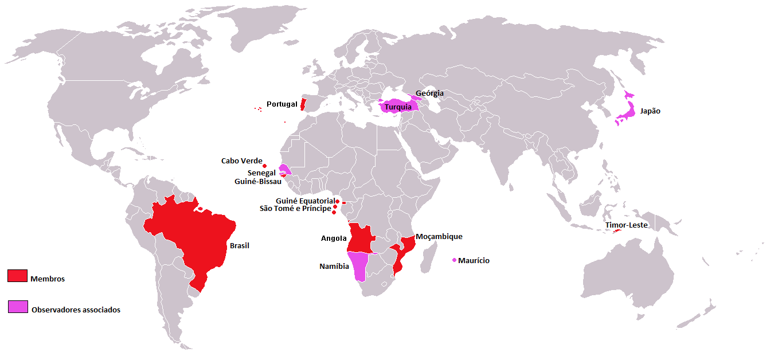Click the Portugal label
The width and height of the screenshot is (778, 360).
coord(282,104)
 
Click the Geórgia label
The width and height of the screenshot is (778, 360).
coord(429,93)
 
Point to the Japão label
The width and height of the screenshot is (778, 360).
coord(650,111)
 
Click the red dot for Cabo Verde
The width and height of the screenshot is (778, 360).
coord(265,166)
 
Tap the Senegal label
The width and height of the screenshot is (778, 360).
coord(261,173)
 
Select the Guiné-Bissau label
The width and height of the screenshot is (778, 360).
coord(258,182)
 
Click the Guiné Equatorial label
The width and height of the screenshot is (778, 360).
coord(304,201)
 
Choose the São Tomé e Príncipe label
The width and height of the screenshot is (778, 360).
coord(295,209)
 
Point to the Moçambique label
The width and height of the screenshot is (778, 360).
coord(439,236)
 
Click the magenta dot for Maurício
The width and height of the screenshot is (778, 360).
coord(455,260)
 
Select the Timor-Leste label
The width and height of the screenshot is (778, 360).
coord(626,225)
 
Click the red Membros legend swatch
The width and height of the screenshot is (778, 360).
coord(17,276)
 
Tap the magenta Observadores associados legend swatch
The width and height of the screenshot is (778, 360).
coord(17,307)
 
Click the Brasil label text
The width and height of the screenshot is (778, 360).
coord(240,245)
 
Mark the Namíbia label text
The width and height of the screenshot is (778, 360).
coord(334,267)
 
